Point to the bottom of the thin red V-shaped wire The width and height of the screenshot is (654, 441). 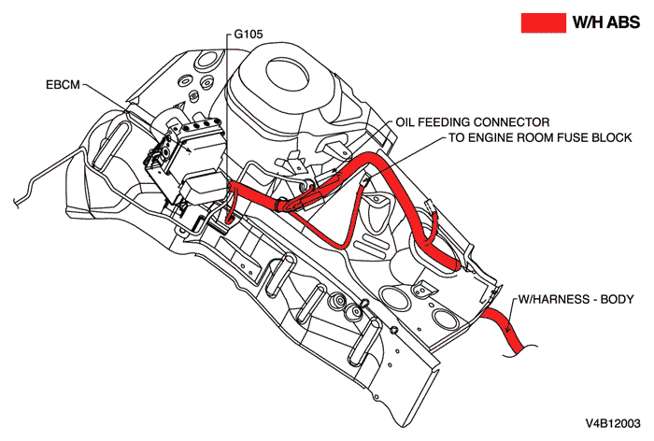click(347, 245)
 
